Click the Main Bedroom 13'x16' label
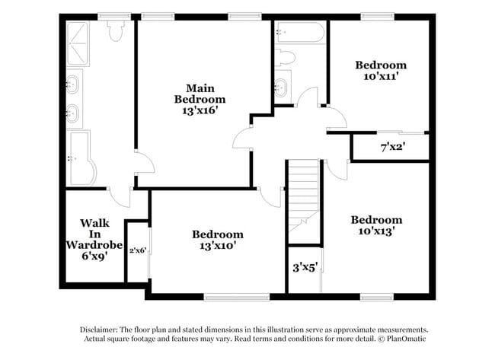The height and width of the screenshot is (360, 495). [200, 99]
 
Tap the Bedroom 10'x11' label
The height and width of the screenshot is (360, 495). [381, 71]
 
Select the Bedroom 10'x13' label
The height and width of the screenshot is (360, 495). [376, 225]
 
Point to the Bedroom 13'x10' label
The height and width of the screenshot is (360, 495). [217, 240]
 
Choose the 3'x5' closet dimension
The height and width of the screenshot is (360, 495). [305, 267]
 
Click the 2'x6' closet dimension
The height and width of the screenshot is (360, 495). [137, 250]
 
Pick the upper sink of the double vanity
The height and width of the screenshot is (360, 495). [74, 82]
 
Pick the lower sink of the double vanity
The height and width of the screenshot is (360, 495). [74, 114]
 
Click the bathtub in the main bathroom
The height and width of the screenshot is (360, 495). [81, 158]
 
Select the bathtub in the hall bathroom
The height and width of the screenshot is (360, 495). [300, 32]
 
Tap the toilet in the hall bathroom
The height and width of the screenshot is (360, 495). [285, 57]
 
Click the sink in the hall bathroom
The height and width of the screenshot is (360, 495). [281, 86]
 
